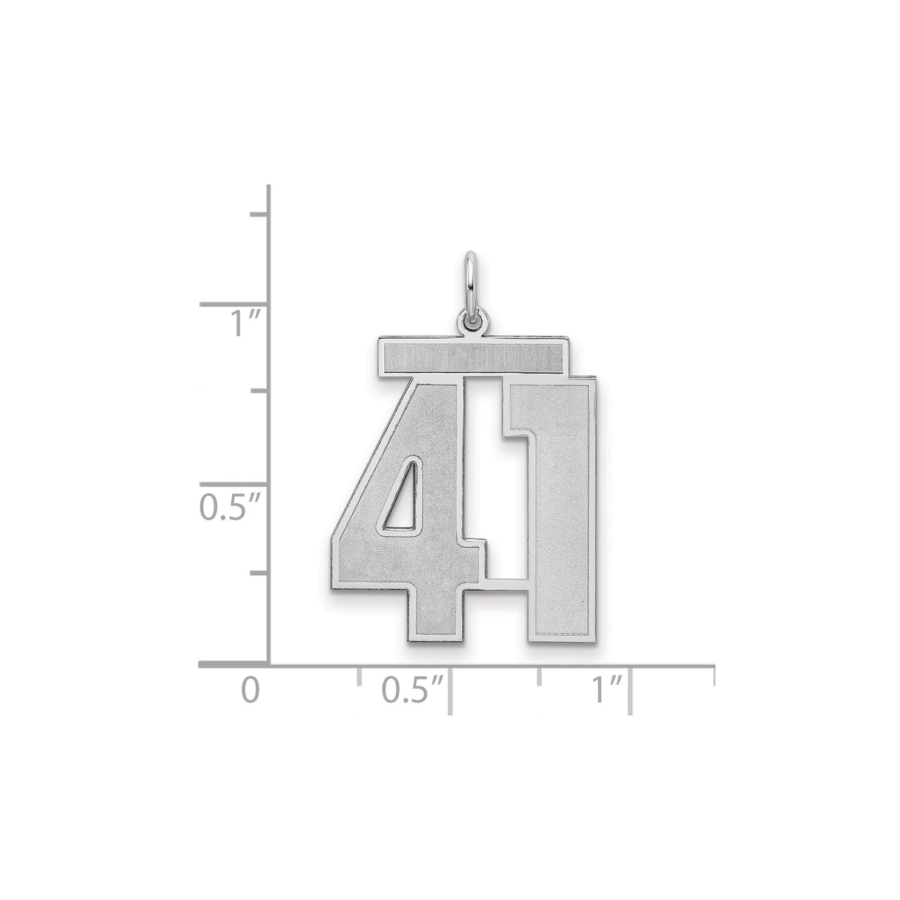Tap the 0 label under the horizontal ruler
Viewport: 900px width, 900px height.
[x=252, y=691]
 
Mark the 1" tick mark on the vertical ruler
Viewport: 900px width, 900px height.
[x=234, y=304]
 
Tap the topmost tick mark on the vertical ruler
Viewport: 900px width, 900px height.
[x=259, y=214]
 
